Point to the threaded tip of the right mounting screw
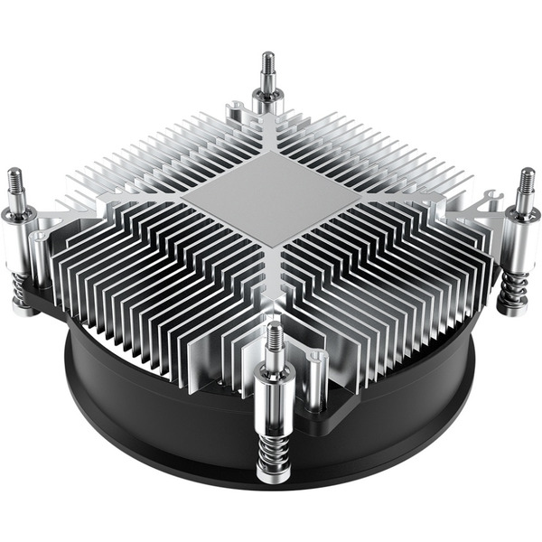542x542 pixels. click(526, 184)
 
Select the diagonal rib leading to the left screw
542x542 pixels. click(117, 203)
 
